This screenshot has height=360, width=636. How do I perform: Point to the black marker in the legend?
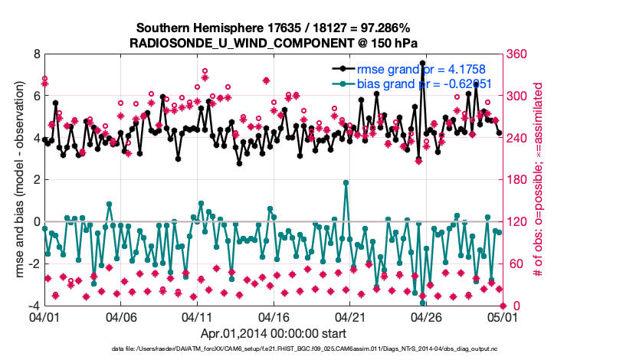(x=352, y=68)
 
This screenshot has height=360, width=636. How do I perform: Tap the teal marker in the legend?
(x=352, y=83)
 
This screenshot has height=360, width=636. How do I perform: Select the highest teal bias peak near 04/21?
(x=346, y=183)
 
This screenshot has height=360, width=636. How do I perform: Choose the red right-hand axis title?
(x=538, y=180)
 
